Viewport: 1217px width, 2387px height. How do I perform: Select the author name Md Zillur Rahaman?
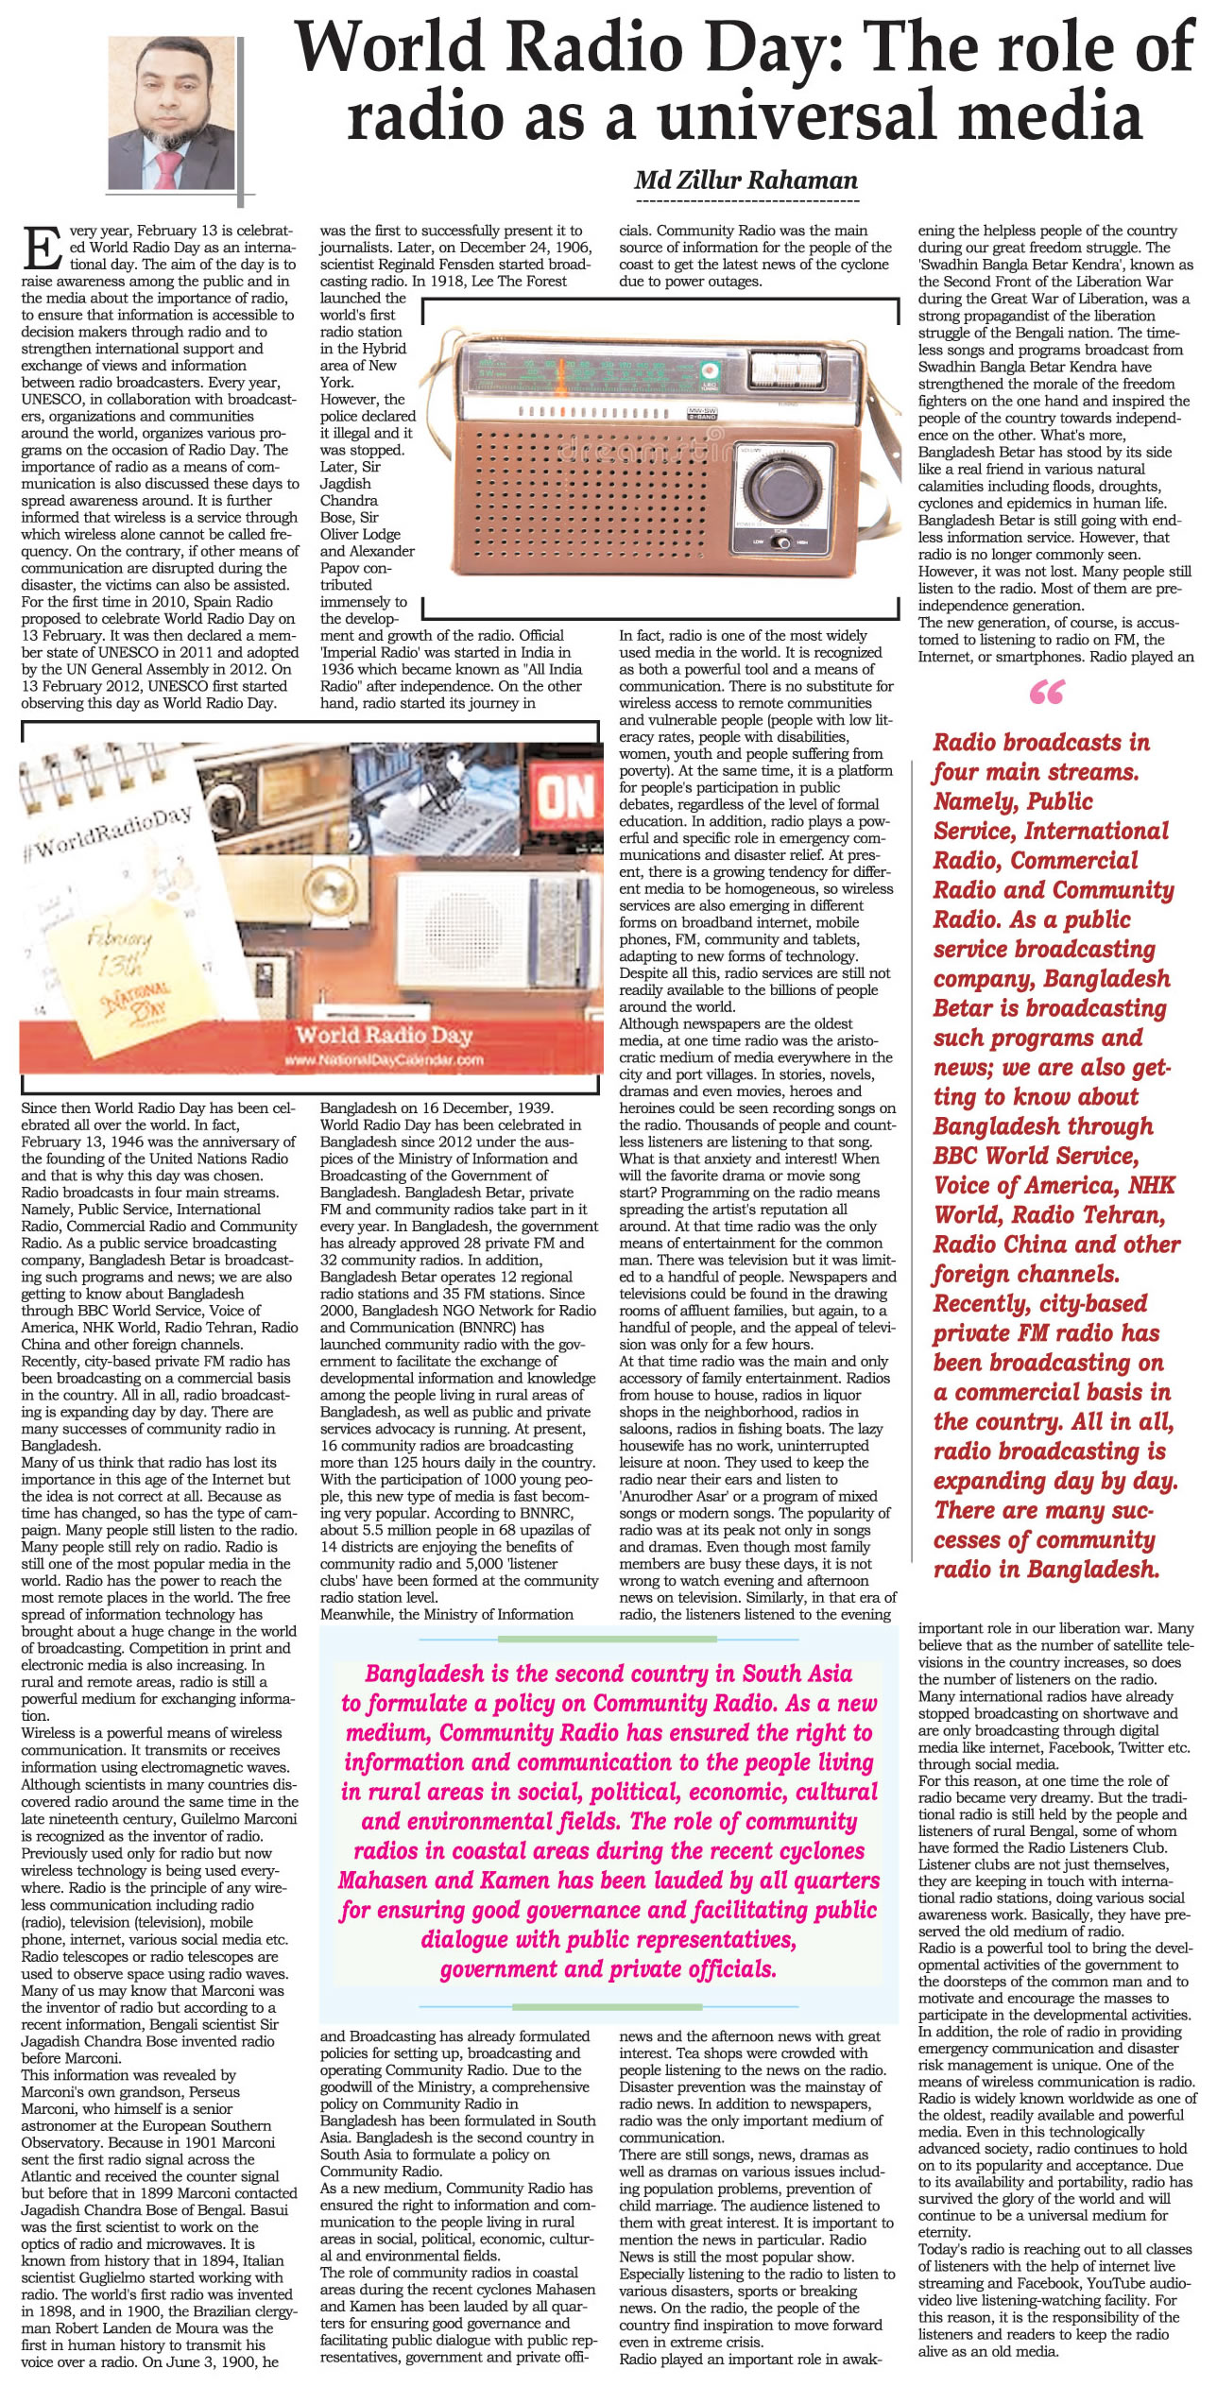pos(746,180)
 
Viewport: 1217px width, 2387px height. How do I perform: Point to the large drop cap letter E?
pos(43,249)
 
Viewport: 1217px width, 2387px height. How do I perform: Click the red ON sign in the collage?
pos(566,796)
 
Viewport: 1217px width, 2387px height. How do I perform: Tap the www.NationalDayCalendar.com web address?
pos(385,1059)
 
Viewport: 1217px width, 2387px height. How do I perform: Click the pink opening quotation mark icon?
pos(1046,694)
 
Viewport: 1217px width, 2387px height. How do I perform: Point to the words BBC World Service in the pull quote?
pos(1036,1156)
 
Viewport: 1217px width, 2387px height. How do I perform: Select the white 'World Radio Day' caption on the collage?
pos(384,1035)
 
